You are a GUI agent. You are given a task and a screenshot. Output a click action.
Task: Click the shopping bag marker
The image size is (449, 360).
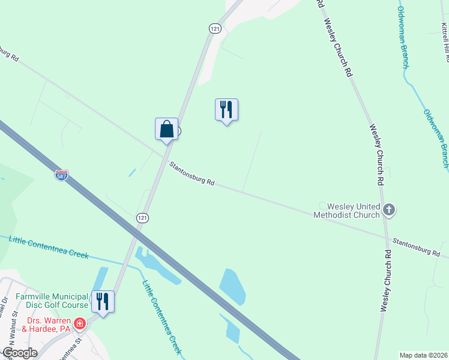pos(167,129)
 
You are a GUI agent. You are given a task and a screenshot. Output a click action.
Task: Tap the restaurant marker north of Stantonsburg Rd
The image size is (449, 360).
pos(226,110)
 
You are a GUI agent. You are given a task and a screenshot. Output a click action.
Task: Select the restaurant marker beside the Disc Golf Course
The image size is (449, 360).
pos(103,302)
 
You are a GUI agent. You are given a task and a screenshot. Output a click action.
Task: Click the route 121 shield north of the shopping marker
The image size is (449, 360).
pos(215,28)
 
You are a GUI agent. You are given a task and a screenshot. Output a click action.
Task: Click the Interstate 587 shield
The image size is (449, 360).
pos(61,175)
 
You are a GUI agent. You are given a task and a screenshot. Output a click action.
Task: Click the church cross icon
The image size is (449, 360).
pos(389,210)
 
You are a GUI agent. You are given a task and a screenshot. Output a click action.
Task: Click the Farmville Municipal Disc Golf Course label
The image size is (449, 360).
pos(52,301)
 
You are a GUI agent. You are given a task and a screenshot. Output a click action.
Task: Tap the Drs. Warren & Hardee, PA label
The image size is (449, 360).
pos(46,325)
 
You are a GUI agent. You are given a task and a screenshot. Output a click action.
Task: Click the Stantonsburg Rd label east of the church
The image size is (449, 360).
pos(416,247)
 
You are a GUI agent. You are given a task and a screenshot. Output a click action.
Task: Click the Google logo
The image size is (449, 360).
pos(19,353)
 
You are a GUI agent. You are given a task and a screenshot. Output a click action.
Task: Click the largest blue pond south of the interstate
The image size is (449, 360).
pos(233,287)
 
